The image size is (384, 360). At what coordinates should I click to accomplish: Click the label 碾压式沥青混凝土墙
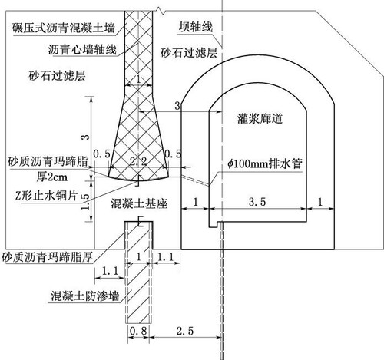click(x=64, y=28)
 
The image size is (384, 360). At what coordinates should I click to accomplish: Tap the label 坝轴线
click(x=196, y=27)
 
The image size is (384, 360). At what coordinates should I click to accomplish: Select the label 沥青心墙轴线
click(x=82, y=49)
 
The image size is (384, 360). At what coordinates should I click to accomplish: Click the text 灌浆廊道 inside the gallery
click(x=260, y=118)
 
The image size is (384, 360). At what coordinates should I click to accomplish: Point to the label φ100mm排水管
click(x=265, y=163)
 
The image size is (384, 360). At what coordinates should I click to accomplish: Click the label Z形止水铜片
click(x=46, y=196)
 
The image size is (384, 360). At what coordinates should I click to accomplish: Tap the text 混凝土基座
click(x=139, y=203)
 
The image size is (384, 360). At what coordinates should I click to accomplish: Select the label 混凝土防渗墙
click(x=85, y=296)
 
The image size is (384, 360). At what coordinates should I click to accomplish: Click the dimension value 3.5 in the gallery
click(x=257, y=202)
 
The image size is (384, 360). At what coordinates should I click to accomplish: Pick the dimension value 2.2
click(x=138, y=161)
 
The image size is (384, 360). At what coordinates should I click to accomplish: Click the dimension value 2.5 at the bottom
click(x=185, y=331)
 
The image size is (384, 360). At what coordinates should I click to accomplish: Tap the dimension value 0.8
click(x=138, y=331)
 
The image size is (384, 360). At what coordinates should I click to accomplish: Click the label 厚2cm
click(x=51, y=177)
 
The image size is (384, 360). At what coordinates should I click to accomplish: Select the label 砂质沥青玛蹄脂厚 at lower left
click(x=47, y=257)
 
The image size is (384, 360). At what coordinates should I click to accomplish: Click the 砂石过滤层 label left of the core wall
click(x=57, y=76)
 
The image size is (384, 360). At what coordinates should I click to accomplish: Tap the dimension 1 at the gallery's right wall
click(x=320, y=202)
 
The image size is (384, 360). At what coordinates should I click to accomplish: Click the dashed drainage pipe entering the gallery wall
click(x=196, y=180)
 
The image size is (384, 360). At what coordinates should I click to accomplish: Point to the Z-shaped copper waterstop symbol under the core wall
click(x=138, y=180)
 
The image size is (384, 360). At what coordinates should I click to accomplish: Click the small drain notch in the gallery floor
click(x=213, y=224)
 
